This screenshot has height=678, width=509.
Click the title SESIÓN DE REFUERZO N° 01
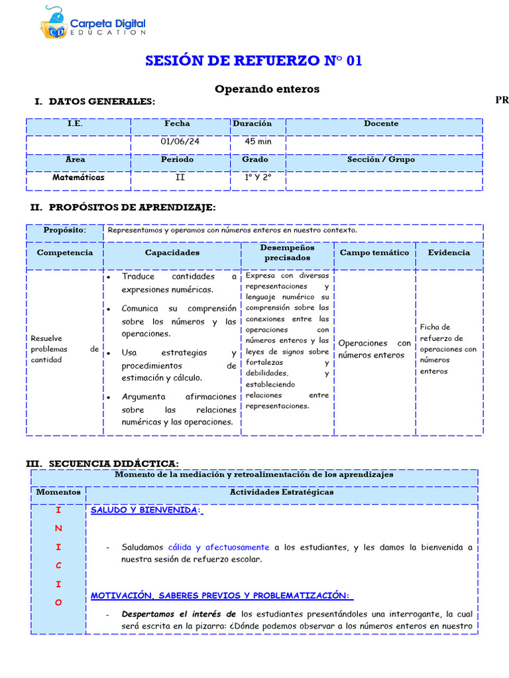coord(254,61)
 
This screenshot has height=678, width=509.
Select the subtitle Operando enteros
coord(266,89)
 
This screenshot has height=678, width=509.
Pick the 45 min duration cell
coord(258,141)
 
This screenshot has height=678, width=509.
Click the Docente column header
coord(381,123)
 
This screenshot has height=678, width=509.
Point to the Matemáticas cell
coord(78,177)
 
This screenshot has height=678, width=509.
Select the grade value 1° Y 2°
coord(258,177)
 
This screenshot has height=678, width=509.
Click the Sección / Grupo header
coord(381,160)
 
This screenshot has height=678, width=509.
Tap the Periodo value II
coord(180,177)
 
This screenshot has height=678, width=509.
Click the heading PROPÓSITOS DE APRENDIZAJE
coord(132,208)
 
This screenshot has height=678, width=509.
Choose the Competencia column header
coord(65,253)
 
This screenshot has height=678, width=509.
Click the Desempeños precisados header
coord(287,252)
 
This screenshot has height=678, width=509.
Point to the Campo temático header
coord(374,253)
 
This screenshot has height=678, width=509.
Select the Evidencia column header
coord(449,252)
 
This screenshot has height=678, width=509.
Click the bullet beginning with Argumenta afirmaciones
coord(178,409)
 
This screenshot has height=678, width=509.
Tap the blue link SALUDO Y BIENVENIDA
coord(144,510)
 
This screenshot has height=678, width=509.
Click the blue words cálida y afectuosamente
coord(219,548)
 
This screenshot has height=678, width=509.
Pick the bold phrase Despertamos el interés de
coord(179,614)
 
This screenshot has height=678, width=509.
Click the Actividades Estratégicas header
coord(282,492)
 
